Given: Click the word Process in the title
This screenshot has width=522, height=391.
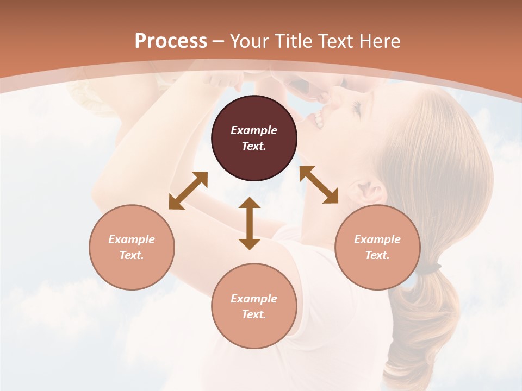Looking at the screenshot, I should [x=171, y=41].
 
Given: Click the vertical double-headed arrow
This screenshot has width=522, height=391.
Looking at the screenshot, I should [x=250, y=224].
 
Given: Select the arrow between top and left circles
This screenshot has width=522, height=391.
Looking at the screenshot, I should [x=188, y=191].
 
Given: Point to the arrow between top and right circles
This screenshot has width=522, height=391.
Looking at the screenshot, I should [x=319, y=185].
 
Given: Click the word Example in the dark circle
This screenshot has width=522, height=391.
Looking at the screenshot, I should [x=254, y=130].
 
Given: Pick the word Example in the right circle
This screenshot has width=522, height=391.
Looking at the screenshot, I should [x=377, y=239].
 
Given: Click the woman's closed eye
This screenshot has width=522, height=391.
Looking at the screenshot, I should [x=356, y=107].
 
